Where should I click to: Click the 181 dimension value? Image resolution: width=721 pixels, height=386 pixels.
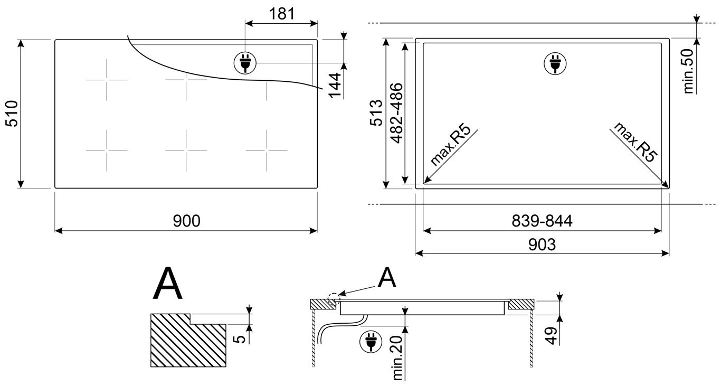click(x=282, y=14)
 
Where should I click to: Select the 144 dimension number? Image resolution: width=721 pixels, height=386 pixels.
click(x=335, y=85)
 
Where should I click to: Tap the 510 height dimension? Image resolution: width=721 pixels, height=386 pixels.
click(x=13, y=114)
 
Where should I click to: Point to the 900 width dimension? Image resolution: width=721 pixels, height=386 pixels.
click(x=187, y=221)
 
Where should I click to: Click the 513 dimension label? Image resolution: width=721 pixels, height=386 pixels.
click(x=376, y=112)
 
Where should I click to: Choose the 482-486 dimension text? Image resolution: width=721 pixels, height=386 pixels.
click(x=396, y=114)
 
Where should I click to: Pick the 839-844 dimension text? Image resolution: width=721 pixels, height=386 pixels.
click(x=542, y=221)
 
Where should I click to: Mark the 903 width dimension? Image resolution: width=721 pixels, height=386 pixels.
click(x=542, y=244)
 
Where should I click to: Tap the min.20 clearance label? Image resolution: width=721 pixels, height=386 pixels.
click(x=397, y=358)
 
